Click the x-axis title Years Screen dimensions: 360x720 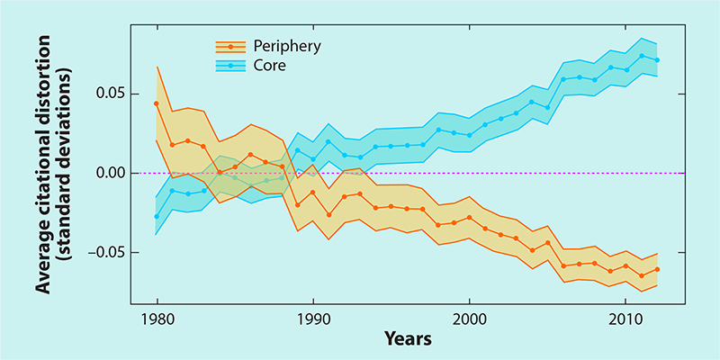pos(408,339)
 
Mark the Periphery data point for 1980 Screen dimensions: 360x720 pos(157,103)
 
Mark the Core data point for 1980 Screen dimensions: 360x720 pos(157,216)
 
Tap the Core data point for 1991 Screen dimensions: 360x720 pos(328,141)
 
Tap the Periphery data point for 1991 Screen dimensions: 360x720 pos(328,215)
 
